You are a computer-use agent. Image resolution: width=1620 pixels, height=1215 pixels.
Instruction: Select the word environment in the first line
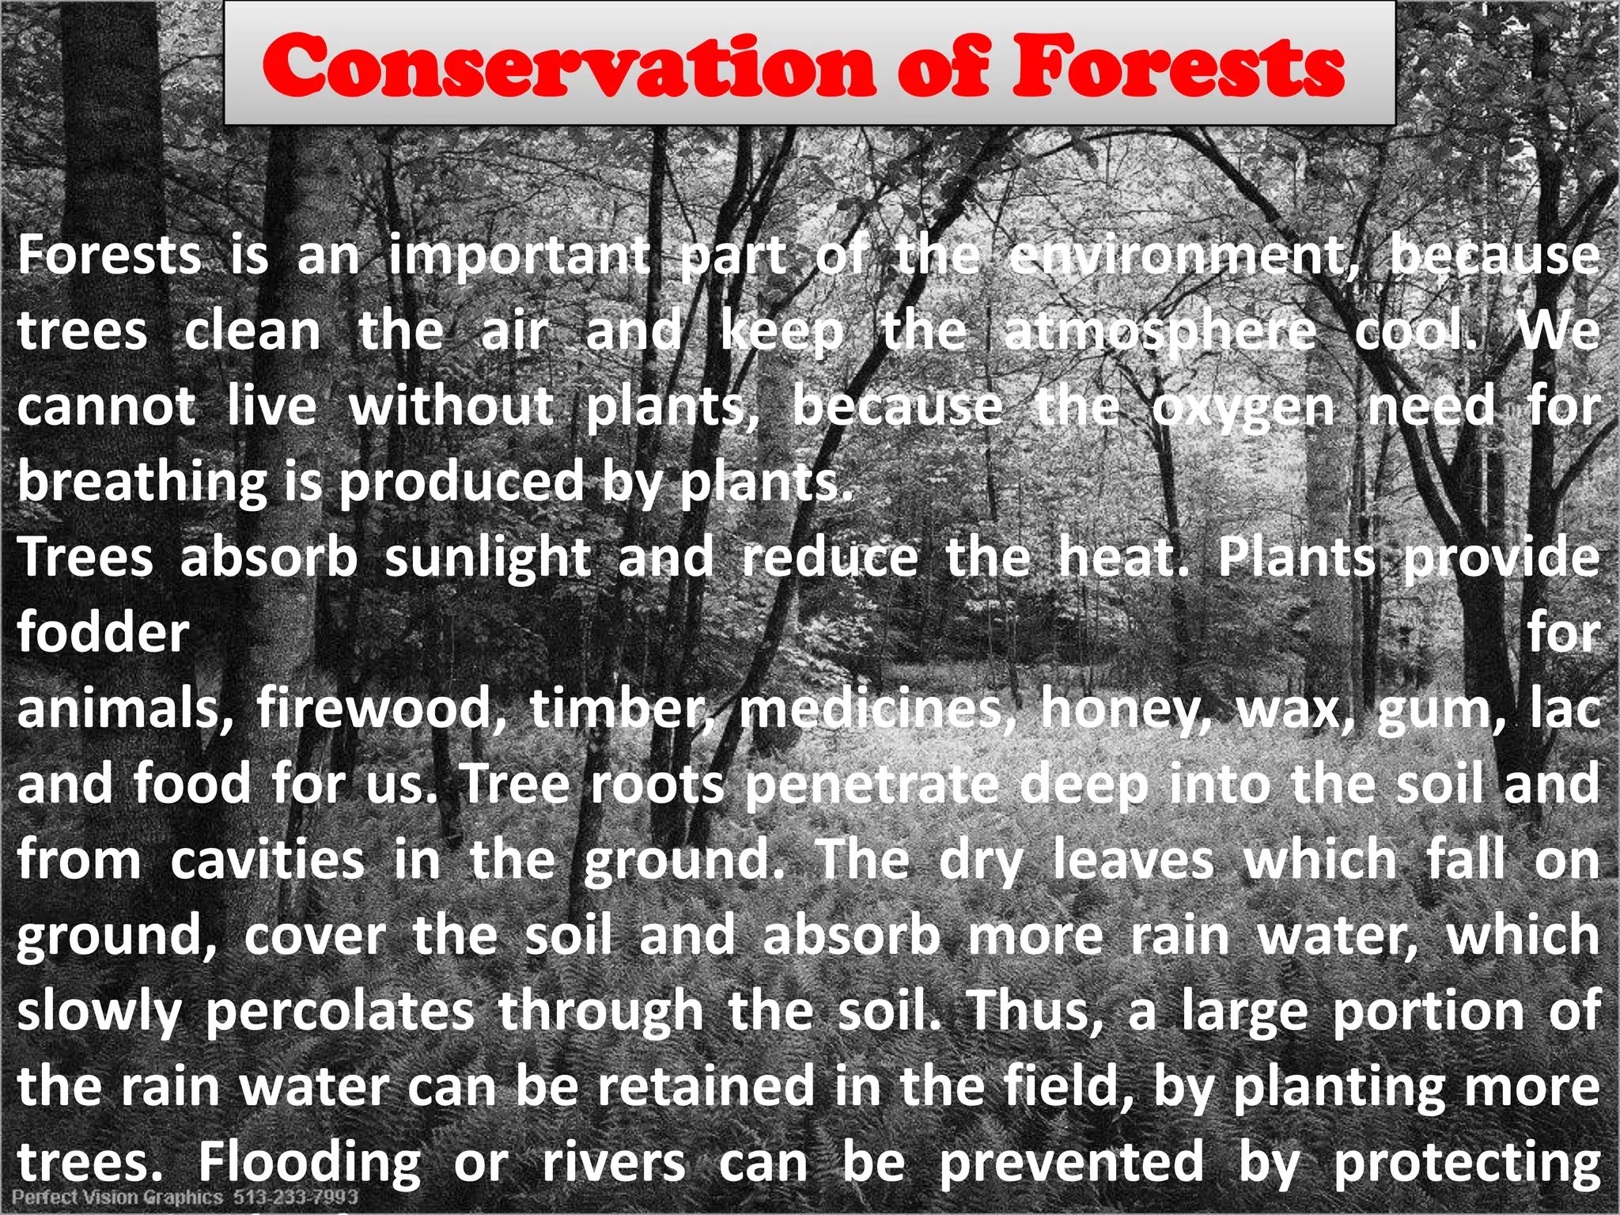click(1184, 256)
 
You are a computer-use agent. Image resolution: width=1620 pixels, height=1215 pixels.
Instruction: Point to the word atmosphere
click(1160, 332)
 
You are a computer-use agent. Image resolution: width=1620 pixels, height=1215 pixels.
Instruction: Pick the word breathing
click(143, 483)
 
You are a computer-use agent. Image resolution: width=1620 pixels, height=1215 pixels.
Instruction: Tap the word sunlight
click(487, 557)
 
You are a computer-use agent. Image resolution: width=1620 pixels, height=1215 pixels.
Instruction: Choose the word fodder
click(104, 633)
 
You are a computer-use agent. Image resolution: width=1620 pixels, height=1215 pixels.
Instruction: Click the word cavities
click(267, 860)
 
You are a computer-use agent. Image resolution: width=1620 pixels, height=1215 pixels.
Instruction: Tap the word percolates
click(339, 1012)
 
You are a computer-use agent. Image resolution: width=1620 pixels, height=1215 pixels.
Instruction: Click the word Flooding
click(310, 1163)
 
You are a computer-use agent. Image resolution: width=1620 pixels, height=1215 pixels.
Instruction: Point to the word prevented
click(1071, 1163)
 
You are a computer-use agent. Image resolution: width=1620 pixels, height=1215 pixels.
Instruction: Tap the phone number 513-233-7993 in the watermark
click(295, 1198)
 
